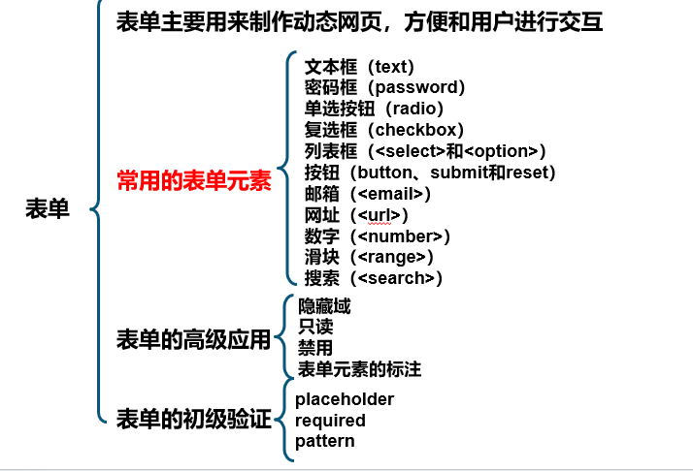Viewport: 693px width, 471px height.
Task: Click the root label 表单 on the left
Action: pyautogui.click(x=48, y=208)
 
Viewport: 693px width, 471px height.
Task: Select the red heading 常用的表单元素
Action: pyautogui.click(x=194, y=180)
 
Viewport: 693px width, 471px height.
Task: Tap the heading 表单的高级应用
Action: pyautogui.click(x=193, y=339)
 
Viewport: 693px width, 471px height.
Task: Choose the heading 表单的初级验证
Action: pyautogui.click(x=193, y=419)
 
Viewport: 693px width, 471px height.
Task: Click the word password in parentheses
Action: pyautogui.click(x=416, y=87)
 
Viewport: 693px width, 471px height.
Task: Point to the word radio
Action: pyautogui.click(x=414, y=109)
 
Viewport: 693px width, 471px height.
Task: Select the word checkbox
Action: pyautogui.click(x=415, y=130)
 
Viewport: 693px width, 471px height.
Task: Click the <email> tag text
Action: pyautogui.click(x=390, y=194)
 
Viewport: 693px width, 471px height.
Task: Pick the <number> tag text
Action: pyautogui.click(x=400, y=236)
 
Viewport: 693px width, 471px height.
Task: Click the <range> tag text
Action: pyautogui.click(x=391, y=258)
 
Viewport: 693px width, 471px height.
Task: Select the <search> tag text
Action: pyautogui.click(x=396, y=278)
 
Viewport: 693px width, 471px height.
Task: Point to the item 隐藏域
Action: pyautogui.click(x=324, y=306)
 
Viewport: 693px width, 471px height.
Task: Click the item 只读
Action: pyautogui.click(x=315, y=327)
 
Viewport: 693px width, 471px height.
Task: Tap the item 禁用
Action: pyautogui.click(x=315, y=348)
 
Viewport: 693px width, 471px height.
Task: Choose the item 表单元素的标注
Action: pyautogui.click(x=359, y=369)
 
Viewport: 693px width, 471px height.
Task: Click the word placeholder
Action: pyautogui.click(x=345, y=399)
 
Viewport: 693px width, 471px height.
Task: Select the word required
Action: pyautogui.click(x=330, y=421)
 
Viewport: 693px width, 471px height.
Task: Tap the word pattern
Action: pyautogui.click(x=325, y=441)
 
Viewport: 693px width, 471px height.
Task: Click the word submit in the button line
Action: pyautogui.click(x=460, y=173)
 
